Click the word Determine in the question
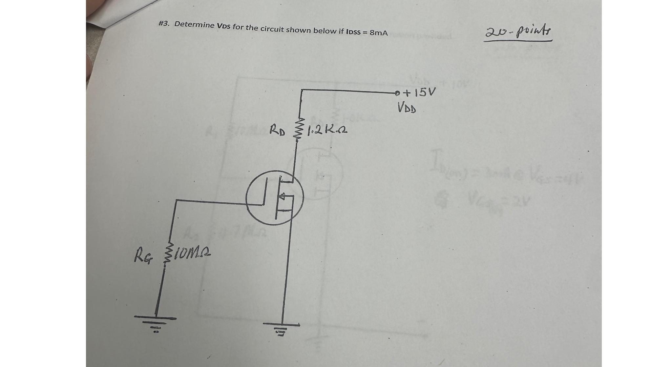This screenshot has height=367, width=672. (194, 25)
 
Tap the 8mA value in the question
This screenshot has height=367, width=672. (378, 33)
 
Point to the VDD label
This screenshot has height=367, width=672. (407, 107)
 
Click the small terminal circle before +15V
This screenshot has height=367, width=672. (398, 93)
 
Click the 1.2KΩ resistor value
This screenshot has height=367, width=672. (326, 130)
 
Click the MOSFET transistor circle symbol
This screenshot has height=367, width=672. (275, 197)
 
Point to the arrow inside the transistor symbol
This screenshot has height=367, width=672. (283, 197)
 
